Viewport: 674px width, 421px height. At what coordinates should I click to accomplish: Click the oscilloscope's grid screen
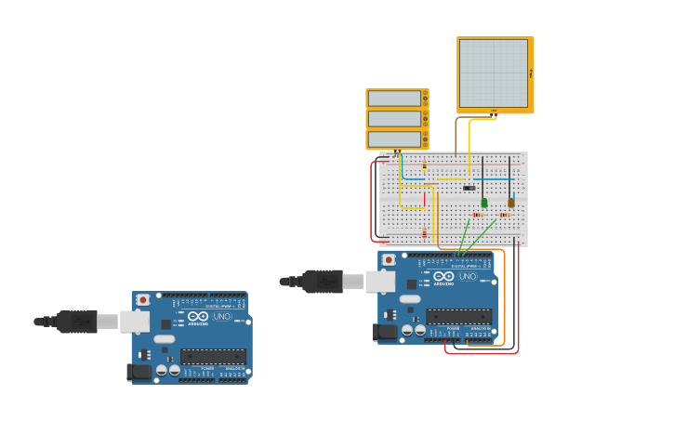494,73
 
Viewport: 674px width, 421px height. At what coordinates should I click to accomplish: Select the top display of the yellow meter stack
395,99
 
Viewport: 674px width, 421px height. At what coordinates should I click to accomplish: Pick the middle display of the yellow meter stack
395,119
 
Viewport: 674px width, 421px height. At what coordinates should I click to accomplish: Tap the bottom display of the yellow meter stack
395,139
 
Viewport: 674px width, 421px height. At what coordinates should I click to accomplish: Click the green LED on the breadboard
484,202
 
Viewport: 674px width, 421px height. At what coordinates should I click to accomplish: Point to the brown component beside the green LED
510,202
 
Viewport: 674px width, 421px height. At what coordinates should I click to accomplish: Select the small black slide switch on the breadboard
469,189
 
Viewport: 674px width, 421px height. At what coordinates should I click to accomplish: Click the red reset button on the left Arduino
142,300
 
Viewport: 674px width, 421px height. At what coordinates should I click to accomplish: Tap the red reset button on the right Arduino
389,259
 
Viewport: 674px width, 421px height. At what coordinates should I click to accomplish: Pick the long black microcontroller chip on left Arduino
214,357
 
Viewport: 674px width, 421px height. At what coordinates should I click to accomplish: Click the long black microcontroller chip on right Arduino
459,316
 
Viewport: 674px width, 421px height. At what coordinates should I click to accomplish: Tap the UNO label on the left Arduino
222,317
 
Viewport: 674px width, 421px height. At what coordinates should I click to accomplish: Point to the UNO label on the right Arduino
468,276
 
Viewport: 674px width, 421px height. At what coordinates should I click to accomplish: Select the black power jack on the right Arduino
383,331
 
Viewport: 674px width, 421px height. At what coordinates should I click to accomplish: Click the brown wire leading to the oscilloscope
456,135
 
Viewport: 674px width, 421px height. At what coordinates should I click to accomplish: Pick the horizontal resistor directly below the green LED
478,215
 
